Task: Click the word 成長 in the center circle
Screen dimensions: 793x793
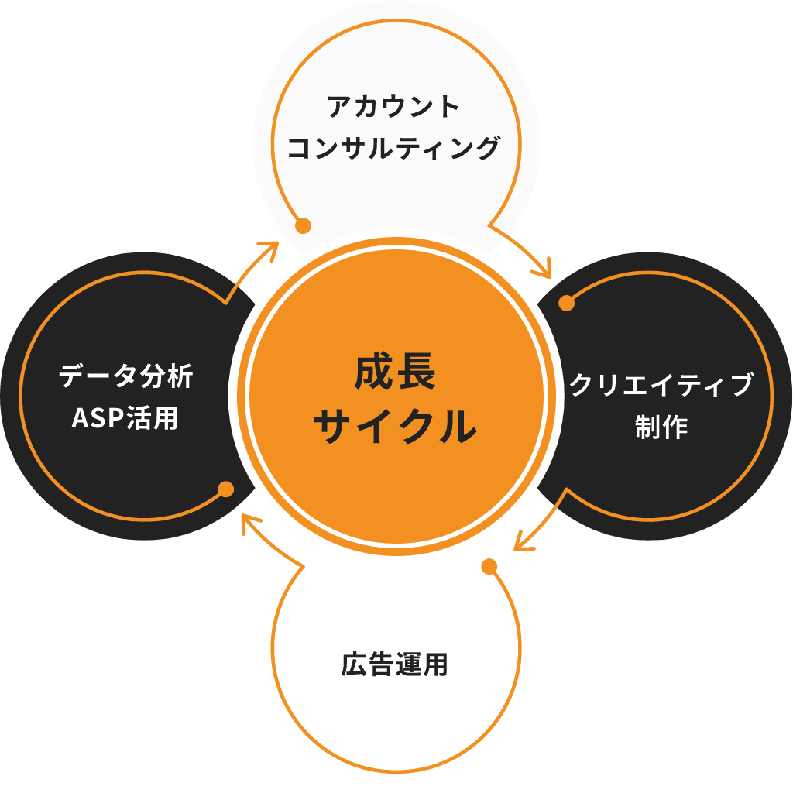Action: pyautogui.click(x=396, y=373)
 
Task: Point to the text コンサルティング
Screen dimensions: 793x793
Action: pyautogui.click(x=393, y=147)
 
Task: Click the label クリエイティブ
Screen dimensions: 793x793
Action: pyautogui.click(x=661, y=385)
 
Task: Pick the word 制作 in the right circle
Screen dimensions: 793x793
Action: pyautogui.click(x=661, y=427)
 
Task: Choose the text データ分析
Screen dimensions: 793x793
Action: pyautogui.click(x=125, y=377)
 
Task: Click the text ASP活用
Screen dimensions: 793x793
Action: pyautogui.click(x=125, y=418)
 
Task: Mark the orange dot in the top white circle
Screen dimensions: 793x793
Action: pyautogui.click(x=304, y=225)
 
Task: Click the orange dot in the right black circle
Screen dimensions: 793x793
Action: pyautogui.click(x=567, y=303)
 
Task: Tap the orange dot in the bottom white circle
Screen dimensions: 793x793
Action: pyautogui.click(x=489, y=567)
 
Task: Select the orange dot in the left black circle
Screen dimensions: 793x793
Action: pyautogui.click(x=226, y=489)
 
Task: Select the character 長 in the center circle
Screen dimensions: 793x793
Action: pyautogui.click(x=417, y=373)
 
